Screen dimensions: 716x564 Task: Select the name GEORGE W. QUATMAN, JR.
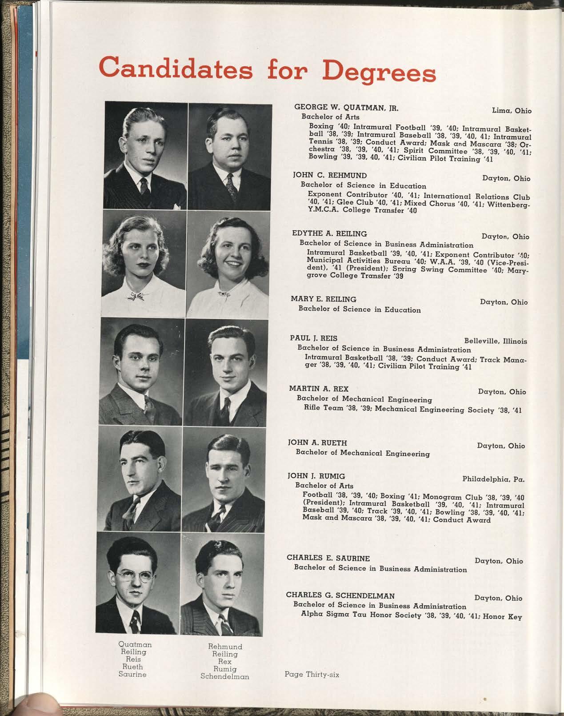346,107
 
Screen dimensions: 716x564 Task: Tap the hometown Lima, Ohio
512,110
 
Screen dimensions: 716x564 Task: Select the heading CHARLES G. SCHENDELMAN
340,595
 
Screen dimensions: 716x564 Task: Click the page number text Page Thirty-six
312,674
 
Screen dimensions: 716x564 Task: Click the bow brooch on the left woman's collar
138,296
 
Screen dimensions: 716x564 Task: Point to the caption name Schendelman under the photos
225,676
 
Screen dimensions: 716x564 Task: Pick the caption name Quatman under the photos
135,644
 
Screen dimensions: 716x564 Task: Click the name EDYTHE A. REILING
329,233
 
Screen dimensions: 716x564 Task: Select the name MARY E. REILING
324,299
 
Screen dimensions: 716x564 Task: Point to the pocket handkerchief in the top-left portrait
178,206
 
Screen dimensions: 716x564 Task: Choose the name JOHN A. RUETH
318,443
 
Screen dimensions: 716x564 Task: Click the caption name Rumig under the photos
225,669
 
